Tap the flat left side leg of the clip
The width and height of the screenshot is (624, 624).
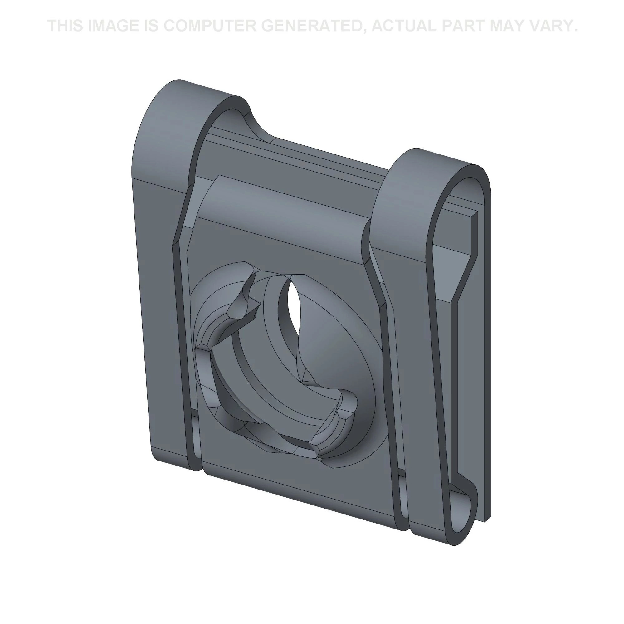(x=162, y=323)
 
